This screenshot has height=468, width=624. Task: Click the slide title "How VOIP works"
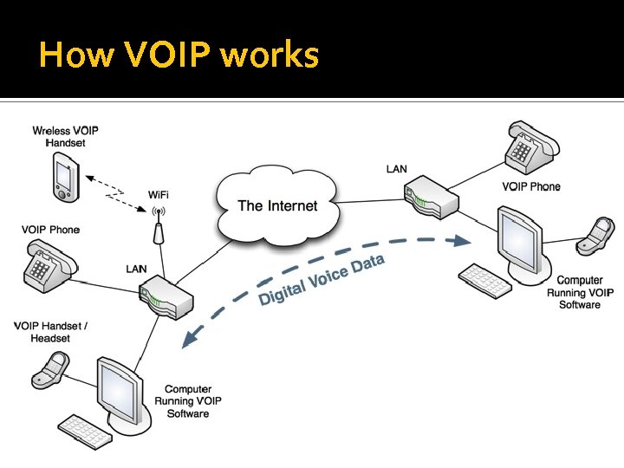[179, 54]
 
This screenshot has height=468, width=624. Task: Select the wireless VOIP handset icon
[66, 177]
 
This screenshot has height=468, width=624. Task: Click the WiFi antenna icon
[159, 226]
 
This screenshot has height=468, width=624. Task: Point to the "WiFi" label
[158, 195]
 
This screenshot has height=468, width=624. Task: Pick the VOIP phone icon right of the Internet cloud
[532, 146]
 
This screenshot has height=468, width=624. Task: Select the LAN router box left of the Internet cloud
[166, 297]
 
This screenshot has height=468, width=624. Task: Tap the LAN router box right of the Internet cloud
[432, 198]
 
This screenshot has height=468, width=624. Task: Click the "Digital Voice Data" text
[322, 280]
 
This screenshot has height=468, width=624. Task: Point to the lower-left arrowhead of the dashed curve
[190, 339]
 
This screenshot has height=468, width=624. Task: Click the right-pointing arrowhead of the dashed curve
[461, 240]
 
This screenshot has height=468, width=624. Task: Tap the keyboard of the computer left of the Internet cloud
[85, 432]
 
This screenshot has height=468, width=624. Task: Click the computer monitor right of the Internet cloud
[523, 244]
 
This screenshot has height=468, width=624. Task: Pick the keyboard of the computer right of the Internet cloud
[485, 281]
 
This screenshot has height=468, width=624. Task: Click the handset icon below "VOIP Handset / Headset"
[50, 370]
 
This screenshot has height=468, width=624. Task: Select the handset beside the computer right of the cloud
[595, 236]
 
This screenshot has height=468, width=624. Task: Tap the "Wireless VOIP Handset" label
[65, 137]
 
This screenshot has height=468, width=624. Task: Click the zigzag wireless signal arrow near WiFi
[115, 193]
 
